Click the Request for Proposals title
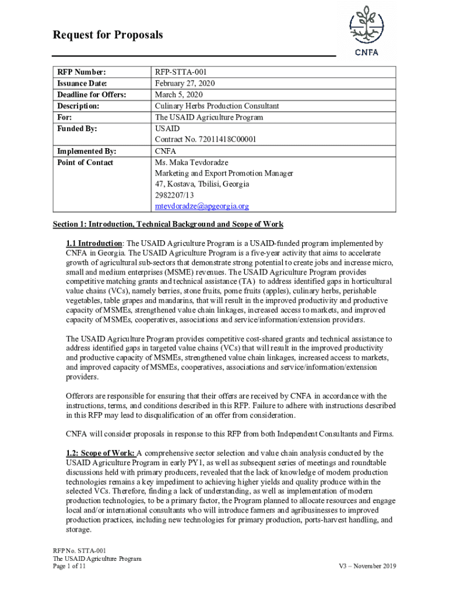tap(108, 36)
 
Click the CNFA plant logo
tap(366, 30)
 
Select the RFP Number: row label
tap(82, 72)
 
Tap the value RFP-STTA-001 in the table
tap(180, 72)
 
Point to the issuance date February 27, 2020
tap(184, 83)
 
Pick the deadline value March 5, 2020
tap(178, 94)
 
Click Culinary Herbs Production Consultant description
tap(216, 106)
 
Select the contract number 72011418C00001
tap(205, 139)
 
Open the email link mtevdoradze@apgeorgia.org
tap(202, 206)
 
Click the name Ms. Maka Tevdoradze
tap(191, 162)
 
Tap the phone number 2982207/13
tap(174, 195)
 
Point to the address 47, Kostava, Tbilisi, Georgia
tap(202, 184)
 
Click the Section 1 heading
tap(168, 224)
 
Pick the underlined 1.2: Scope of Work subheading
tap(101, 453)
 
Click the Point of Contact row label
tap(85, 162)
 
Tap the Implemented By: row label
tap(86, 151)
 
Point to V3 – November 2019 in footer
tap(367, 566)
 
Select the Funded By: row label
tap(77, 128)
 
